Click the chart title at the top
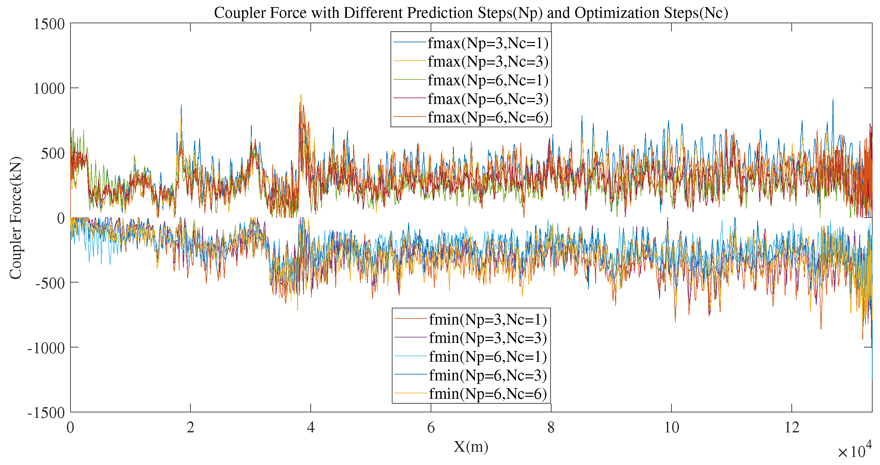471,13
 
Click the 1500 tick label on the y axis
49,24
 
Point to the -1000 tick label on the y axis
46,348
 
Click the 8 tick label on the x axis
551,428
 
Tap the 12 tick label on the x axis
791,428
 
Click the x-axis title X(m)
471,447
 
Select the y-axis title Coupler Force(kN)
16,218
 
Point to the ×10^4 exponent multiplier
854,451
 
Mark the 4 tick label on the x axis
311,428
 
